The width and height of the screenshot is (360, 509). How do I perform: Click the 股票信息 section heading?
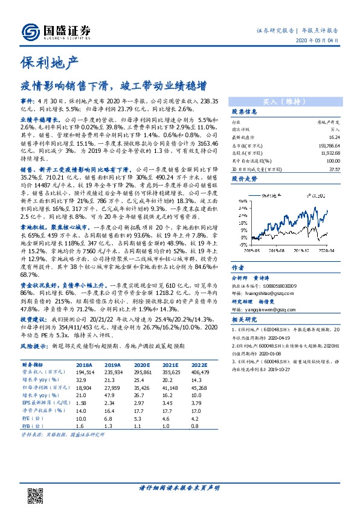[x=245, y=113]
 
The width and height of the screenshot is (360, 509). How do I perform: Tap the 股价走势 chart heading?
[x=245, y=180]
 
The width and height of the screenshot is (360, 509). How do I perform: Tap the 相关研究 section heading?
[x=245, y=320]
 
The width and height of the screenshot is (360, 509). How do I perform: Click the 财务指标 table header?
[x=33, y=365]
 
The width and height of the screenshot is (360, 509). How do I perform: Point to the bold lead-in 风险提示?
[x=34, y=348]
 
